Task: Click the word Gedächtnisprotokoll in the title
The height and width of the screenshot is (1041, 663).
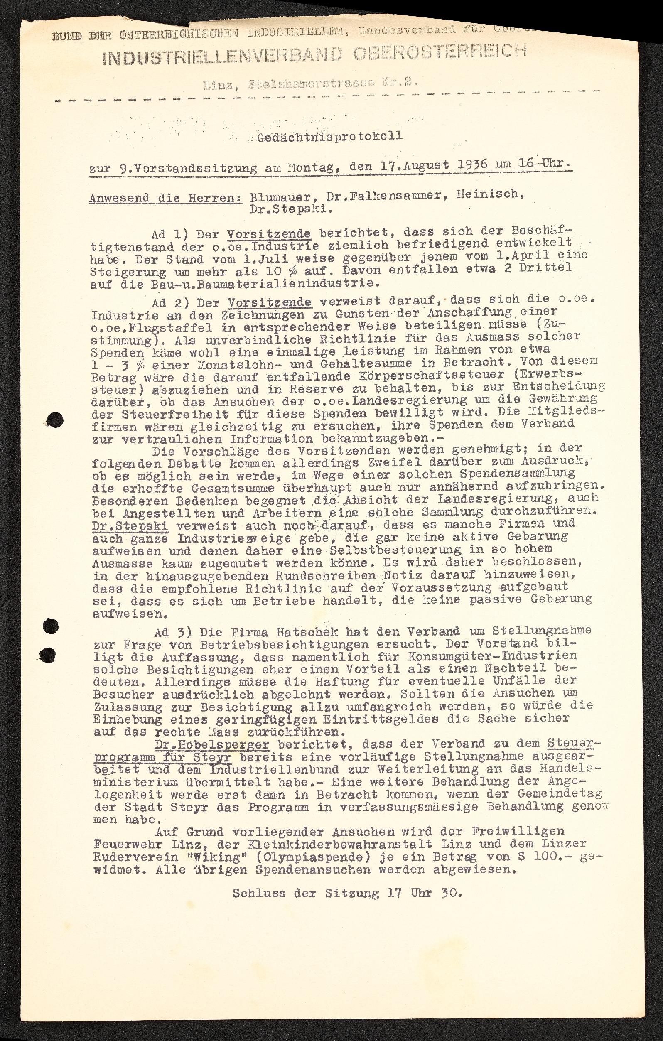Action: pos(330,136)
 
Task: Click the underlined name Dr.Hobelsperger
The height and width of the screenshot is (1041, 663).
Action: pos(211,744)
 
